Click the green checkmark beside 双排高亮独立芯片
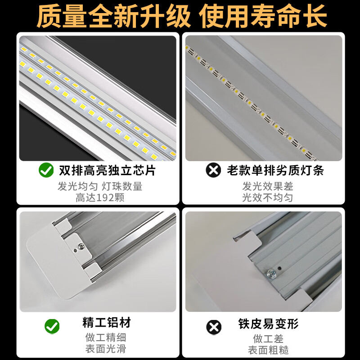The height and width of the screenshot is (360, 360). pos(45,170)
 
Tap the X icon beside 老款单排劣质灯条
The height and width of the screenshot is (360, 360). pos(213,170)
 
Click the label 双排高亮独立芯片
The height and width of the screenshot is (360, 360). pos(107,170)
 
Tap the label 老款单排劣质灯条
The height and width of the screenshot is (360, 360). pos(275,170)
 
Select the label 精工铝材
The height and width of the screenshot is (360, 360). pos(106,323)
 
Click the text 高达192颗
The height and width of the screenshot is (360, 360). pos(100,198)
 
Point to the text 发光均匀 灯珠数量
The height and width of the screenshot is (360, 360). pos(100,186)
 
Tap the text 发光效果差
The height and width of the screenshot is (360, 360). pos(268,186)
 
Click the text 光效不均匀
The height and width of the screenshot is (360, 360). pos(268,198)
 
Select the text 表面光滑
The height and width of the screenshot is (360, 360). pos(105,348)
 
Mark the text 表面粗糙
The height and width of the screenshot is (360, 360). pos(268,350)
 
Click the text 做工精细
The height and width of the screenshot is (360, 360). pos(105,337)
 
